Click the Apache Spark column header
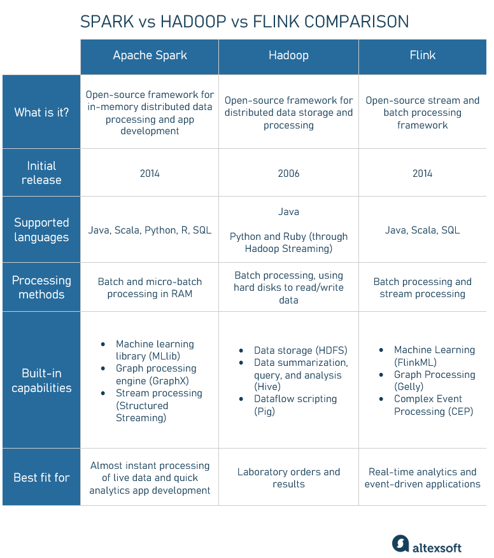150,55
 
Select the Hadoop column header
288,55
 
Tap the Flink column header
423,55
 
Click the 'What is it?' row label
41,113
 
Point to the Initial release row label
41,173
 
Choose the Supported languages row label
41,230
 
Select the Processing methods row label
41,288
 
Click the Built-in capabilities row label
41,380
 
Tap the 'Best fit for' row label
41,478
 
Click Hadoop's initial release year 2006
288,174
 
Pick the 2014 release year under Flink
423,174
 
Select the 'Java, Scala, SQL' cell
423,230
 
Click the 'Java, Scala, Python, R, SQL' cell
150,230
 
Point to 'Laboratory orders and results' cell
288,478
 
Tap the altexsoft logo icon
400,543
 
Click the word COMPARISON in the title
356,22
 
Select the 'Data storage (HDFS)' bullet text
300,351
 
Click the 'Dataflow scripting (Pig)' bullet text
295,405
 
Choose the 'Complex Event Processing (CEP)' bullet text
434,405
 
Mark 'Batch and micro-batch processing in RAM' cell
150,288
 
